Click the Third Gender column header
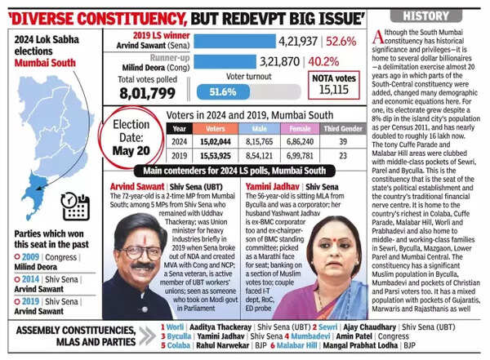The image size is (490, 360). [x=341, y=128]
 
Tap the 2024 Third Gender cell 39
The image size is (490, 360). [x=341, y=141]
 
